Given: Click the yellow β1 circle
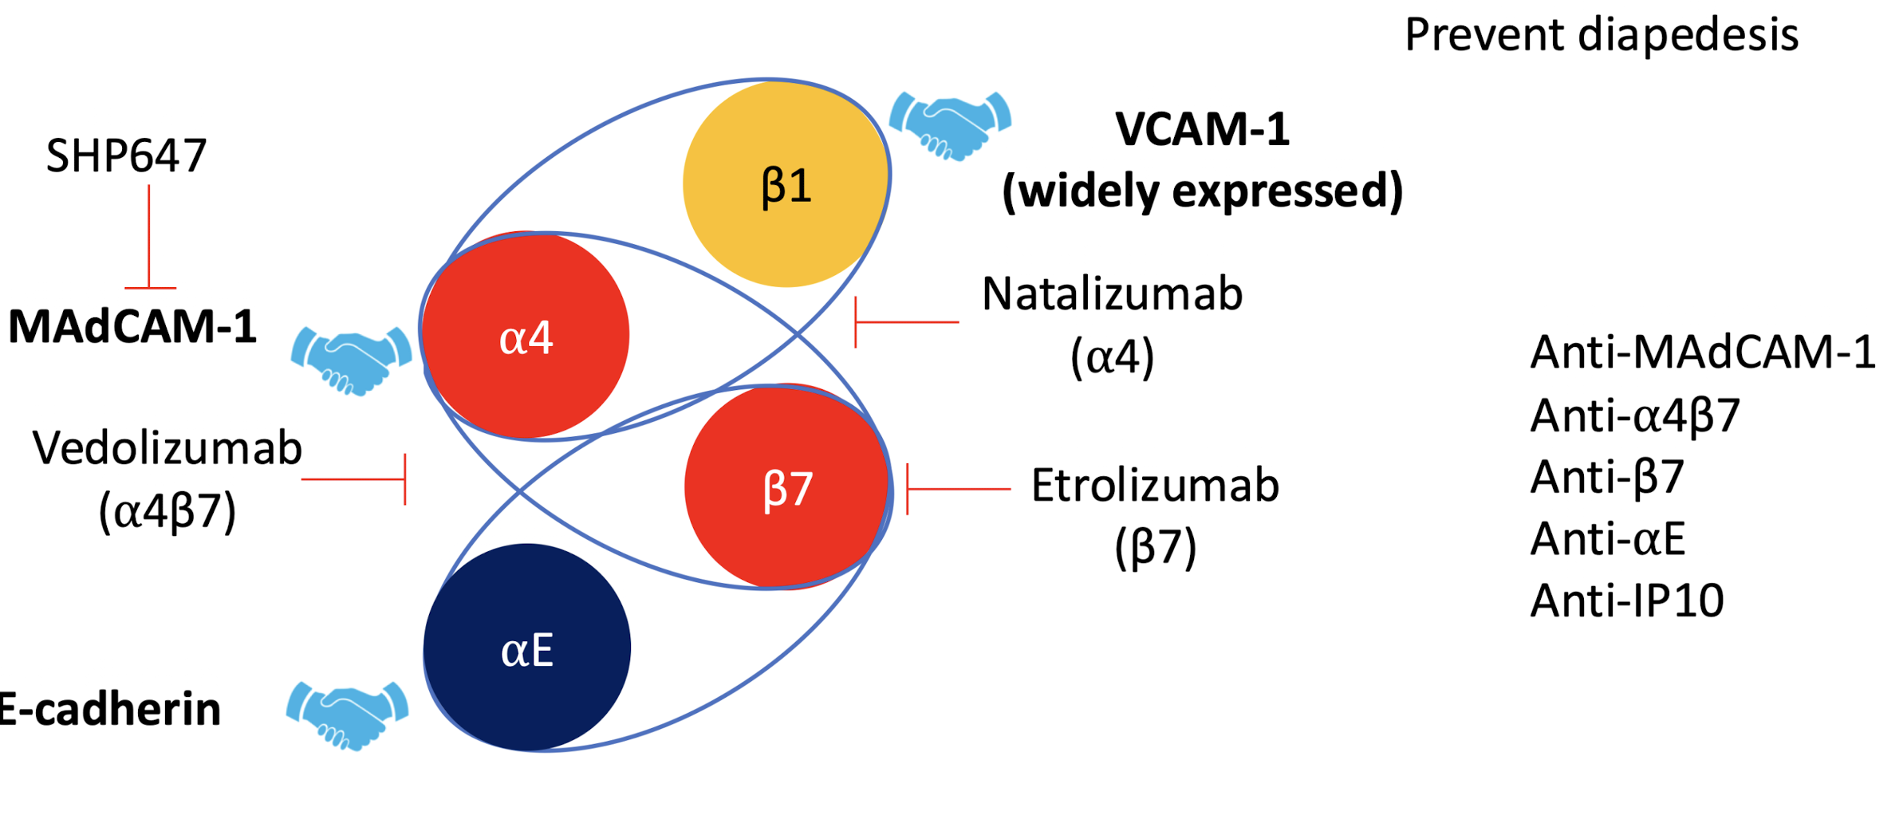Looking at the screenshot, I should [786, 184].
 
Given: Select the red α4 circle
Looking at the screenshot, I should [526, 336].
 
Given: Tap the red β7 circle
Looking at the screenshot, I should [786, 486].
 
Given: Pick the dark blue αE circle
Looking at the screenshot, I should [526, 648].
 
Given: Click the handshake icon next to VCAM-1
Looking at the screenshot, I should [950, 125].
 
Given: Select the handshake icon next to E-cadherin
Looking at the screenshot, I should [347, 715].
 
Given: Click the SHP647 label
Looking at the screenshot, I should [126, 156].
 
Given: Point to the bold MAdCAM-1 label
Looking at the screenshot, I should [132, 326].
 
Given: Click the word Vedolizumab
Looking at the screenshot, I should [167, 448].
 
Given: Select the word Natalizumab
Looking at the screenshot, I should [1112, 294].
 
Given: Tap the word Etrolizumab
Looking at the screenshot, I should [1155, 485].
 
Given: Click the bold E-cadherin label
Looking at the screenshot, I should [110, 709].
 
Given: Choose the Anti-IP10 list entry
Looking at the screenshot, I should [1627, 601].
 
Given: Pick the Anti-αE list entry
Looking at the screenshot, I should [1607, 538].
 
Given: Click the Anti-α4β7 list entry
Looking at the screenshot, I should [1634, 415].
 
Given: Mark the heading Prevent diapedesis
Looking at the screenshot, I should [1602, 35].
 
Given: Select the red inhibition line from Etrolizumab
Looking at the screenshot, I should [958, 489].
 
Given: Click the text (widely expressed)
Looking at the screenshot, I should [1202, 191].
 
